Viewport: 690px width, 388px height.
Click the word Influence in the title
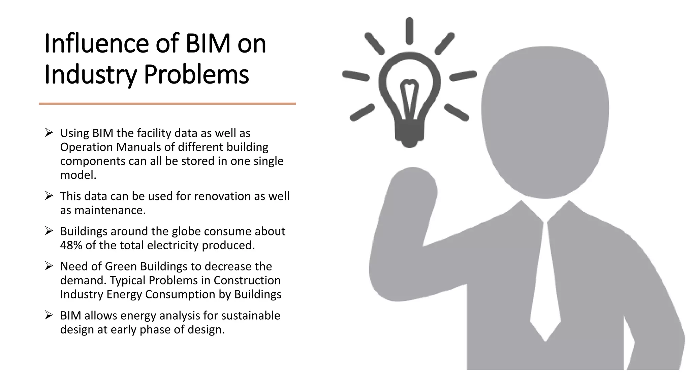[x=96, y=44]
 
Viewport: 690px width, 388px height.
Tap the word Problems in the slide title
[x=196, y=75]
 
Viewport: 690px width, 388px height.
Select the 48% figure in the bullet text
[x=71, y=245]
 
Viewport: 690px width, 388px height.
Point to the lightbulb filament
[x=409, y=98]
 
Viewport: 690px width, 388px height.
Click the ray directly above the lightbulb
[x=410, y=31]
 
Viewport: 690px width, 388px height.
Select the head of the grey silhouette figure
[x=545, y=121]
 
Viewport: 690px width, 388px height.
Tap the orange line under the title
[x=167, y=104]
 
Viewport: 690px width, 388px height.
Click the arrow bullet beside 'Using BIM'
[x=49, y=133]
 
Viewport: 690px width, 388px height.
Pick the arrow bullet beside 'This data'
[x=49, y=196]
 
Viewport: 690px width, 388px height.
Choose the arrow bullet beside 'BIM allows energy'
[x=49, y=316]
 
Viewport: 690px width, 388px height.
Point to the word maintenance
[x=110, y=210]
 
